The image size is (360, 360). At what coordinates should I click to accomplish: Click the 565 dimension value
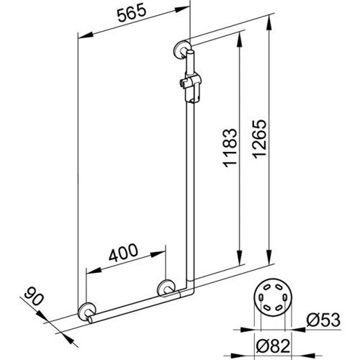pos(132,13)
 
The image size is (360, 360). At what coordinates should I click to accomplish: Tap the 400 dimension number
pos(123,253)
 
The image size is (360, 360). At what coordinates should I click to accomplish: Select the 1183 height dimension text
pos(230,148)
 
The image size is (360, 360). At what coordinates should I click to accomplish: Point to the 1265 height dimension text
pos(259,139)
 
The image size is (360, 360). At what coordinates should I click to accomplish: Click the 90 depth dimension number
pos(34,297)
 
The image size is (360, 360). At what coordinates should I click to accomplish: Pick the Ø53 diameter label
pos(323,320)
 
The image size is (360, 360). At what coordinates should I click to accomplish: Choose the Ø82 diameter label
pos(273,346)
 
